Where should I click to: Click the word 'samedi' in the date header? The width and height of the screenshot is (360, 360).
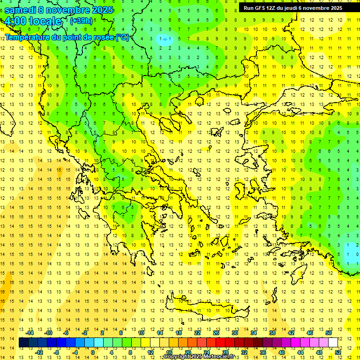tap(21, 10)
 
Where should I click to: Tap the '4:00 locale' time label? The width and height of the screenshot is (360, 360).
tap(33, 21)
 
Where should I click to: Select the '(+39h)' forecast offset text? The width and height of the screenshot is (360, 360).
tap(81, 21)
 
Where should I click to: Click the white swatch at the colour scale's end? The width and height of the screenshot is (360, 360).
tap(333, 343)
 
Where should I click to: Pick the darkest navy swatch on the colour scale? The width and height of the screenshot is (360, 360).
tap(23, 343)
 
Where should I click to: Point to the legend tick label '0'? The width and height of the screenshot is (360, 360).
tap(93, 352)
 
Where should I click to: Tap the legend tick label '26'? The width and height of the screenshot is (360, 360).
tap(216, 333)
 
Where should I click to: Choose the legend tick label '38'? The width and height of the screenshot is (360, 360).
tap(272, 333)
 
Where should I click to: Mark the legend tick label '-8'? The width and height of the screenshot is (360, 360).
tap(57, 352)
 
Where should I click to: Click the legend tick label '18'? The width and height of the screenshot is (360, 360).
tap(179, 333)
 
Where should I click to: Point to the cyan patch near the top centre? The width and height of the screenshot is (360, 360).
tap(164, 39)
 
